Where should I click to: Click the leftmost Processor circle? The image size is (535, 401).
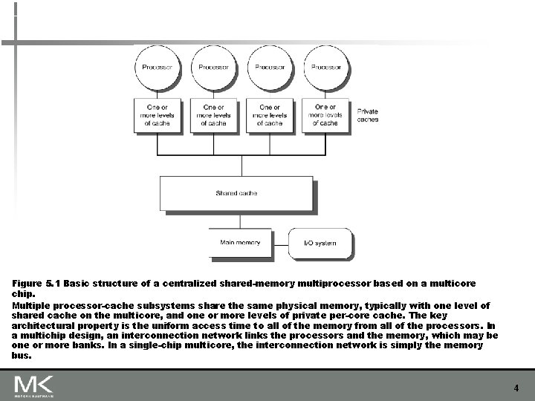(x=158, y=68)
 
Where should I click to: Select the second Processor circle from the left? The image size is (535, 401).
(x=214, y=68)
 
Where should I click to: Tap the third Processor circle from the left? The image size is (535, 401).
(x=270, y=68)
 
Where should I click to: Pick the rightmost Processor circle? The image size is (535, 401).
(x=325, y=68)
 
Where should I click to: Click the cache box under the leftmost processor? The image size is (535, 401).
(x=158, y=115)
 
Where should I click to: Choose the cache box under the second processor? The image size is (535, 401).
(x=214, y=115)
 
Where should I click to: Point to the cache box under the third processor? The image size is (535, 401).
(x=270, y=115)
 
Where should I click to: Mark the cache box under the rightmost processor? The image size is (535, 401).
(x=325, y=115)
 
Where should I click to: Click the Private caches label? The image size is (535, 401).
(x=368, y=115)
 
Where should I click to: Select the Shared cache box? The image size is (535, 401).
(x=236, y=193)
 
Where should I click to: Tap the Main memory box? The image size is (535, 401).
(x=240, y=243)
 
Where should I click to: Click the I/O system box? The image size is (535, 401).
(x=320, y=243)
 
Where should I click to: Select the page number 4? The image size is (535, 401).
(x=516, y=388)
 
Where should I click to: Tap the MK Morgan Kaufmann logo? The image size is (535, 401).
(x=33, y=386)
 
